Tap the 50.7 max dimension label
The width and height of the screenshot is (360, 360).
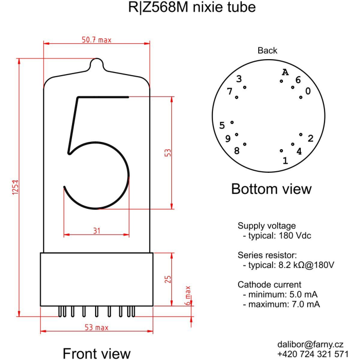tap(96, 40)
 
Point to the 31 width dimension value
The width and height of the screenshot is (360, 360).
tap(97, 230)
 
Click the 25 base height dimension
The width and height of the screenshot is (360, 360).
tap(168, 279)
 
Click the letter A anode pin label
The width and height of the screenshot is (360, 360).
tap(285, 72)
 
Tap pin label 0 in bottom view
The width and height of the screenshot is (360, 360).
tap(308, 91)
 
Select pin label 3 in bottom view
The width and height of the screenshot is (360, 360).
tap(239, 79)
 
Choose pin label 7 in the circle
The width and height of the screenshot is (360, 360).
tap(230, 92)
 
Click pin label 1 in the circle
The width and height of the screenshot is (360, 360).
tap(285, 160)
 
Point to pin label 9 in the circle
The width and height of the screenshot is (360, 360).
tap(227, 138)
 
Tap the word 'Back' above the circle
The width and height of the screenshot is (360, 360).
tap(267, 50)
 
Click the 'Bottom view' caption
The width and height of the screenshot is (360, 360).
tap(271, 189)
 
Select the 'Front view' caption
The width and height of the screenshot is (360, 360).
tap(96, 353)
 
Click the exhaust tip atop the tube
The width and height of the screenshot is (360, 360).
tap(97, 64)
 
